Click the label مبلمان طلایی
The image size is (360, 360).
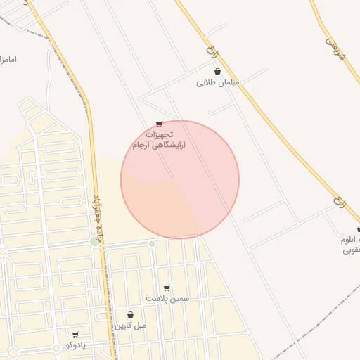point(218,83)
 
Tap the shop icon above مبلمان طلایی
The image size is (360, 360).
point(217,71)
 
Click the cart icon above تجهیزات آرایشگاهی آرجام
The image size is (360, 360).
point(160,124)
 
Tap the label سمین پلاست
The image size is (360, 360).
point(167,299)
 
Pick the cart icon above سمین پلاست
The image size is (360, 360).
point(167,288)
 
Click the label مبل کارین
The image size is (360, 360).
point(131,326)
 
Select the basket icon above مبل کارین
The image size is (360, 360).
point(130,315)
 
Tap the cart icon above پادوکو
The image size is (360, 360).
point(75,334)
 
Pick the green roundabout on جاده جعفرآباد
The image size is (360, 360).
point(96,241)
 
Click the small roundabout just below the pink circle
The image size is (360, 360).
point(152,244)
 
